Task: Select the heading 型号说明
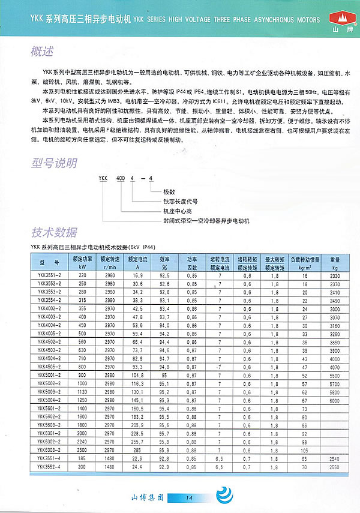55,163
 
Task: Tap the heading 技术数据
55,233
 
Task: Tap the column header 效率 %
164,262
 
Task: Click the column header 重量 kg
335,262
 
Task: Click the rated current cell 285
137,449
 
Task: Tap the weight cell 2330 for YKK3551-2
335,274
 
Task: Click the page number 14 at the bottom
188,497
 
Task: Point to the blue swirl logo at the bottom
223,496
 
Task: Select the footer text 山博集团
148,497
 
